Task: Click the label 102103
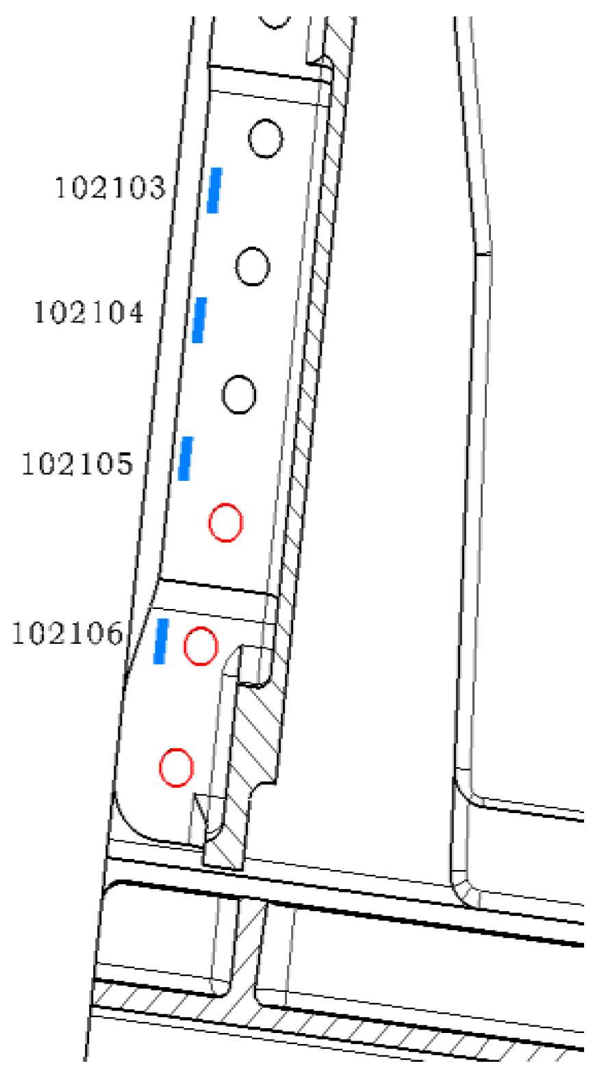[110, 187]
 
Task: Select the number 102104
[89, 312]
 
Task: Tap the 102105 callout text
[77, 464]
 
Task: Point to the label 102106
[67, 633]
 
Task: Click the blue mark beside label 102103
[215, 190]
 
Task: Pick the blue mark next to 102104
[199, 320]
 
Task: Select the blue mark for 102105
[185, 458]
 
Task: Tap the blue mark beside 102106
[161, 640]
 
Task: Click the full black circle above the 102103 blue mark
[265, 138]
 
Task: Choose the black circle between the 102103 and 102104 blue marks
[252, 266]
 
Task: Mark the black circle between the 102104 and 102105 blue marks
[239, 394]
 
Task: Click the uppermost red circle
[225, 523]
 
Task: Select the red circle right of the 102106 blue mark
[201, 646]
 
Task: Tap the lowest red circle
[176, 767]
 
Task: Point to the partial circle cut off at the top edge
[275, 22]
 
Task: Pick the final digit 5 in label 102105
[123, 464]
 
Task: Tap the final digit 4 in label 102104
[135, 312]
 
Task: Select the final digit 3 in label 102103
[156, 187]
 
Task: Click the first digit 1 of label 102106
[18, 633]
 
